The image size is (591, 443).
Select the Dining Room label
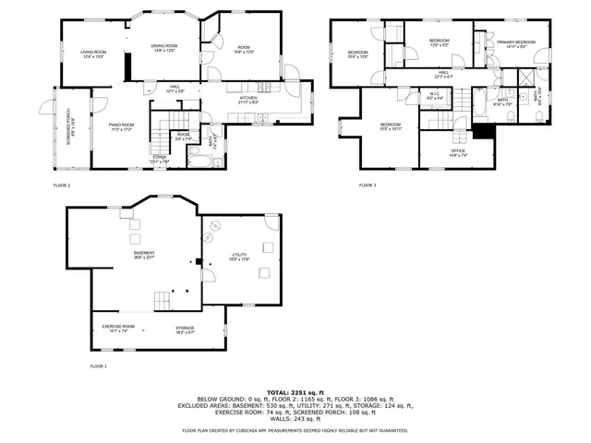click(x=163, y=47)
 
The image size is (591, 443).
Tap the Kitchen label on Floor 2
click(x=248, y=100)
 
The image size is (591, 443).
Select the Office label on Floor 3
click(x=457, y=152)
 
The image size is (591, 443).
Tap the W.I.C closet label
click(x=434, y=95)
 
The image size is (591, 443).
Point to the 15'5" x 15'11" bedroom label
click(x=391, y=126)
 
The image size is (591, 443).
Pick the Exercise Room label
click(x=118, y=329)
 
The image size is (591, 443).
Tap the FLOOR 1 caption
click(x=98, y=367)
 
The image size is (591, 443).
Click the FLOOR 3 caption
click(x=368, y=186)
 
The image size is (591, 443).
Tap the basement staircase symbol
click(x=163, y=301)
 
